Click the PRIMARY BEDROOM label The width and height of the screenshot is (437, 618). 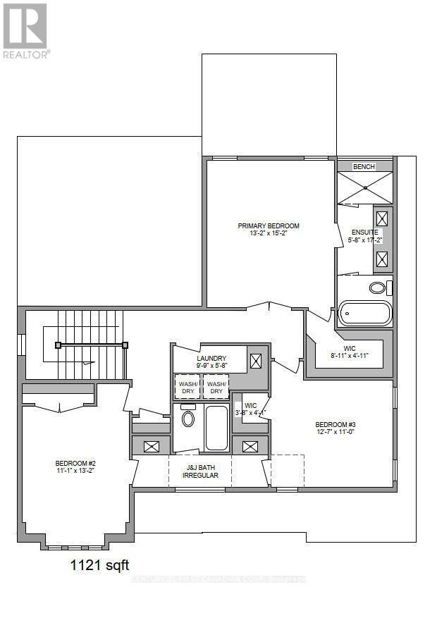(x=268, y=226)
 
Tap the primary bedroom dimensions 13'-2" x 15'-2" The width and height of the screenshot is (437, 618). (x=268, y=233)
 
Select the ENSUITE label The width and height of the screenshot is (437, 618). (x=365, y=232)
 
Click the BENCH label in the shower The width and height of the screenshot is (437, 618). (x=364, y=166)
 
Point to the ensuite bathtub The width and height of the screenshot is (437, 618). (x=364, y=314)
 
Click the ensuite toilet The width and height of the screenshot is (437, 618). (x=378, y=288)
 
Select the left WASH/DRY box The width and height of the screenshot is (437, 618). (x=187, y=387)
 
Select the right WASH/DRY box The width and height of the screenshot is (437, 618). (x=216, y=387)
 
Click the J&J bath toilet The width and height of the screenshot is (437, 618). (x=188, y=418)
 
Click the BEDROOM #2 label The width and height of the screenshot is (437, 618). (x=74, y=463)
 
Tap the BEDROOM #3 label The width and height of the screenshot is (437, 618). (x=336, y=424)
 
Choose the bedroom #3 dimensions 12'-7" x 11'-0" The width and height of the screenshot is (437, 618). (x=336, y=432)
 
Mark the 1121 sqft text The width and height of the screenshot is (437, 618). (x=99, y=564)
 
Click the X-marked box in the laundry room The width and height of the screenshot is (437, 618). (x=257, y=361)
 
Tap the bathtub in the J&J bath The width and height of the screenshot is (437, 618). (x=216, y=427)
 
